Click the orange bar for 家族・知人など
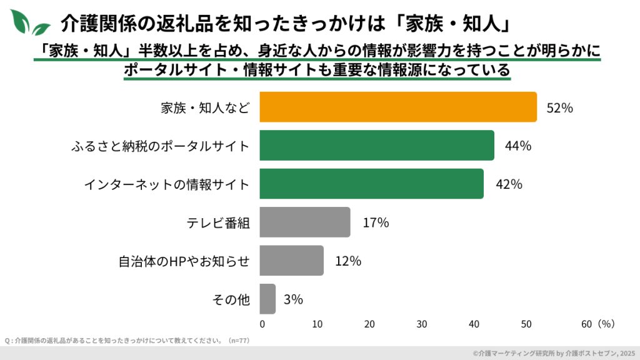[x=398, y=107]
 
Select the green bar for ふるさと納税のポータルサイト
[x=377, y=146]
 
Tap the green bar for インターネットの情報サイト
[x=371, y=184]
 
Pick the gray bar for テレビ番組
[x=305, y=222]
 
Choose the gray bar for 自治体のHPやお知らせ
[x=291, y=261]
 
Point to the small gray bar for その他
[x=267, y=299]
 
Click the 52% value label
[x=559, y=107]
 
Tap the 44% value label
[x=517, y=146]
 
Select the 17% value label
[x=376, y=222]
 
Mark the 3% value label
[x=293, y=299]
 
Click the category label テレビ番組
[x=219, y=222]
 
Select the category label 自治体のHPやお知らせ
[x=184, y=261]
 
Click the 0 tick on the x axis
[x=262, y=324]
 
